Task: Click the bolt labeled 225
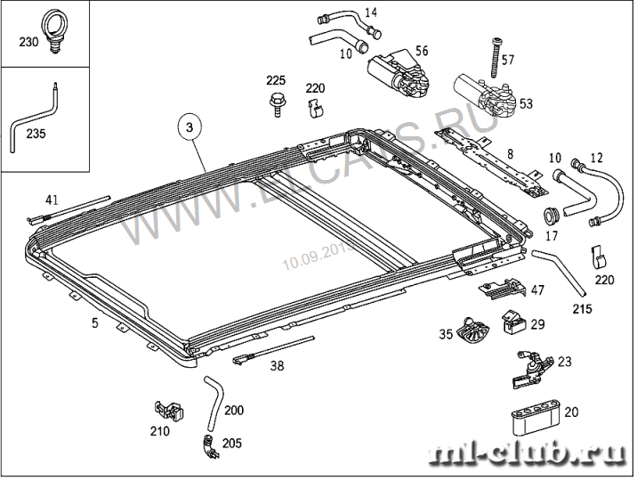[x=275, y=105]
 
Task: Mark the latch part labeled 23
[x=531, y=367]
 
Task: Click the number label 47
[x=536, y=290]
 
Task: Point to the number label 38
[x=278, y=365]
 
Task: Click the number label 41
[x=52, y=200]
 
